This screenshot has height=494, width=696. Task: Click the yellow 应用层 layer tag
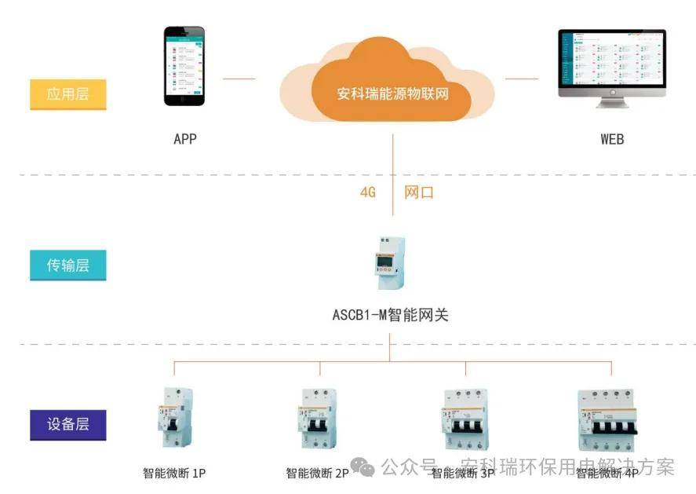click(x=67, y=95)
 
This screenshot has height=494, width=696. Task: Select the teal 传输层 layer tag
click(x=67, y=265)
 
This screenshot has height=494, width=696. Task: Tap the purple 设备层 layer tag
click(x=67, y=424)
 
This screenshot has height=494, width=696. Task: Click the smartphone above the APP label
click(x=184, y=67)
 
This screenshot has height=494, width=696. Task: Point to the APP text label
click(x=185, y=139)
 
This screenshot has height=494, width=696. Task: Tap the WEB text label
click(x=612, y=139)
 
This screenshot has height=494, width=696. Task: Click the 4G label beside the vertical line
click(x=368, y=192)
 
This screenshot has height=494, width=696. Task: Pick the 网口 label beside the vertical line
click(x=418, y=192)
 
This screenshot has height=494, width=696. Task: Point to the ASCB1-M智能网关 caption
click(x=390, y=315)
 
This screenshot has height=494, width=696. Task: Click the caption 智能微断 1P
click(x=174, y=473)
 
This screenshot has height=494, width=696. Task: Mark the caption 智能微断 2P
click(x=317, y=473)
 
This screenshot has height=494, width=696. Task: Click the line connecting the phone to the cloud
click(x=239, y=79)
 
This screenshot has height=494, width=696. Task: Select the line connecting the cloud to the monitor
click(x=522, y=79)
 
